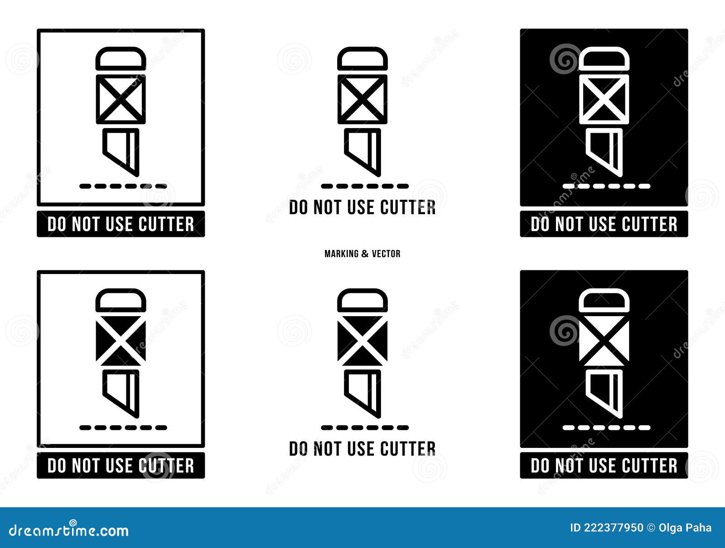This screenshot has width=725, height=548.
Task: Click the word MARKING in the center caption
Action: tap(341, 254)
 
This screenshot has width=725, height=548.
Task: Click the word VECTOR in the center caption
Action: tap(386, 254)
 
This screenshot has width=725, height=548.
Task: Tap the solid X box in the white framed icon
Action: tap(121, 341)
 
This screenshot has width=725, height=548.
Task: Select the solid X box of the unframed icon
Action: tap(362, 341)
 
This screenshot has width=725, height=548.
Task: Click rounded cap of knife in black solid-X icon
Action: tap(604, 301)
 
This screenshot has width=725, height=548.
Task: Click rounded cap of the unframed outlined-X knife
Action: tap(362, 59)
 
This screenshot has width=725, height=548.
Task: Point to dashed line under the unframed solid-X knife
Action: tap(365, 427)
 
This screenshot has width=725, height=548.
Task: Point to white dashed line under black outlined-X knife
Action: tap(606, 186)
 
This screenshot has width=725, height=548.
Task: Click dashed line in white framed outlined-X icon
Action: tap(123, 186)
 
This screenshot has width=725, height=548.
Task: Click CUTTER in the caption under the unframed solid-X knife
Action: tap(408, 449)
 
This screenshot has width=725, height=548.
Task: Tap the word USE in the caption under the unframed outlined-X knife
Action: tap(361, 207)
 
